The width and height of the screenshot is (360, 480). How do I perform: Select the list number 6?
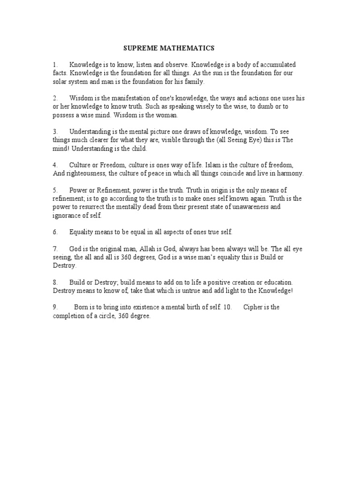[x=55, y=232]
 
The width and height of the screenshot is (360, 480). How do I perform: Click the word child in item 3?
[x=139, y=149]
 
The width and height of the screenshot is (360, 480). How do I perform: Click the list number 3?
[x=55, y=132]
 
